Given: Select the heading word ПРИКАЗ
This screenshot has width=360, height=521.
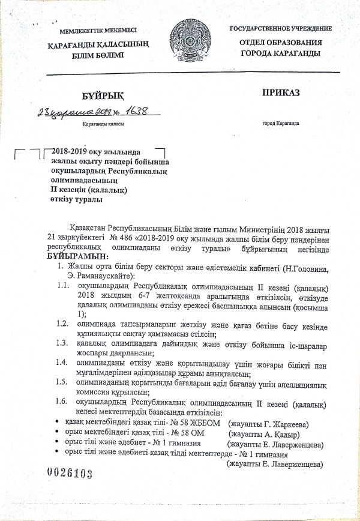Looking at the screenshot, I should coord(280,92).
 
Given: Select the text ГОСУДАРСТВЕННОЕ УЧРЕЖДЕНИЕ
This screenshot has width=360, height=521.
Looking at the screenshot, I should coord(280,29).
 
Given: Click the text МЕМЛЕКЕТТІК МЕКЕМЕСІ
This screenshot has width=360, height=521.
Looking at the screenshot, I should coord(98,31).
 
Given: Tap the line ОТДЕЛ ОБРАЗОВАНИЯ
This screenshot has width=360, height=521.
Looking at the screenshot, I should coord(280,43).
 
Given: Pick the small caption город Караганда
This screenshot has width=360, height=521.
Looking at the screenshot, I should coord(281,123).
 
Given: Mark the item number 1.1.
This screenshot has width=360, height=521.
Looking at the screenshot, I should coord(62,285).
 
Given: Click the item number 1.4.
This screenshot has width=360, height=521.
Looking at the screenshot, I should coord(61,362).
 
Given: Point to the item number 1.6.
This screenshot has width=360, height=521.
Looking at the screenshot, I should coord(62,400).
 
